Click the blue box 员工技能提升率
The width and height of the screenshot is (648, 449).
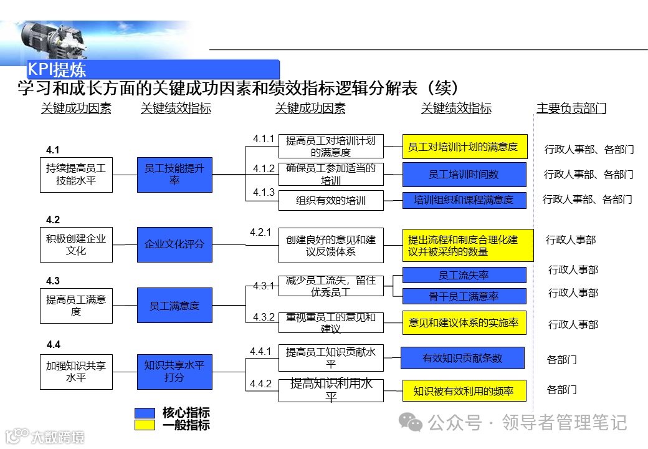(x=174, y=174)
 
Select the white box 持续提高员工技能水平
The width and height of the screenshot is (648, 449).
(x=76, y=174)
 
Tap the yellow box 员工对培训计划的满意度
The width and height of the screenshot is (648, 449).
(x=464, y=147)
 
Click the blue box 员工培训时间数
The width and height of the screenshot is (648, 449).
(x=464, y=175)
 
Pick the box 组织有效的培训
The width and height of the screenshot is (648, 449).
(x=331, y=200)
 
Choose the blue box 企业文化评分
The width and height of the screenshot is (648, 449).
(x=174, y=244)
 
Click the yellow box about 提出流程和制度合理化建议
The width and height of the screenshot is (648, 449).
(x=467, y=245)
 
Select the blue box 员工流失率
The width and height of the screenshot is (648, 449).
(x=464, y=275)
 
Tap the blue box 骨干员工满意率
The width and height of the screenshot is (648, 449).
(x=464, y=296)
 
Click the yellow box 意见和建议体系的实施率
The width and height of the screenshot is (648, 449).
(x=464, y=322)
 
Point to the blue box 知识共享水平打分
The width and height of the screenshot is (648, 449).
(x=174, y=372)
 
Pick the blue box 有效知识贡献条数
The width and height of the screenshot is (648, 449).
(x=462, y=358)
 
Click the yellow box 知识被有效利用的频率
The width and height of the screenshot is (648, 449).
(x=464, y=391)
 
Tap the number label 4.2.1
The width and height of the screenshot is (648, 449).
(x=260, y=233)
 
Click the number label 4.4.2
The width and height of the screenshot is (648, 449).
(x=260, y=384)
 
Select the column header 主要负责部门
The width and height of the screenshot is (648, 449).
(x=571, y=109)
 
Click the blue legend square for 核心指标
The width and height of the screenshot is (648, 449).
(x=145, y=413)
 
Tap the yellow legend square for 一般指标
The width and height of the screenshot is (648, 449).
(x=145, y=425)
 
